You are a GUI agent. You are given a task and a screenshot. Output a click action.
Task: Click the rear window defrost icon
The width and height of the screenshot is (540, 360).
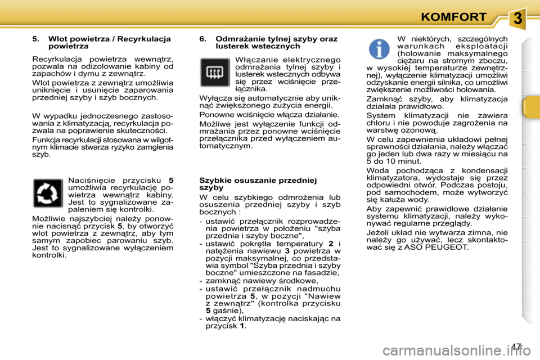tap(215, 73)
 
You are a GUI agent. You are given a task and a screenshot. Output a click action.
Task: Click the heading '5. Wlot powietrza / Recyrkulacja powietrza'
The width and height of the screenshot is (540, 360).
tap(101, 43)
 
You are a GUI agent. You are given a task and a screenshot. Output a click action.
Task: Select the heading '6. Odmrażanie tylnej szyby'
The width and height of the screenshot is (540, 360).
tap(268, 43)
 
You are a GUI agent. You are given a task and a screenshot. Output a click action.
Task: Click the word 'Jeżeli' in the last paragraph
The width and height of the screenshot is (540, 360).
tap(377, 232)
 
